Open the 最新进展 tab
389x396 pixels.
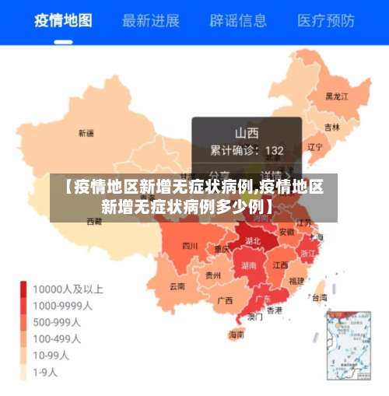click(151, 19)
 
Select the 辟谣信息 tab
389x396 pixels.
click(238, 19)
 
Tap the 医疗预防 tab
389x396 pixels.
click(326, 19)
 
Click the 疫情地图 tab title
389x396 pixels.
click(63, 19)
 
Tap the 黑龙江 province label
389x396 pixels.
click(336, 96)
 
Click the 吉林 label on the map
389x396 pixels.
click(332, 127)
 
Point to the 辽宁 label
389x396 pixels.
click(315, 146)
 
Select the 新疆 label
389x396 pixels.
click(86, 133)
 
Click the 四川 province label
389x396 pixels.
click(189, 246)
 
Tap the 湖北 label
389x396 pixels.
click(253, 241)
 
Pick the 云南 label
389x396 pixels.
click(177, 286)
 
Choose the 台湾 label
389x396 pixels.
click(318, 296)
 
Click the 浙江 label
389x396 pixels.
click(308, 253)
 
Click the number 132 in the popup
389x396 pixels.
click(274, 150)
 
